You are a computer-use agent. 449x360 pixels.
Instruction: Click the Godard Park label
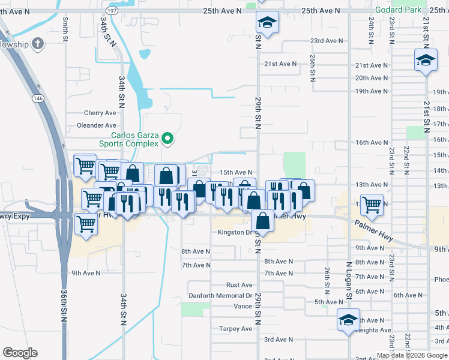pos(399,10)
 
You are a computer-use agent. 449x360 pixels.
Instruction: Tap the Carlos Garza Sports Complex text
pos(129,139)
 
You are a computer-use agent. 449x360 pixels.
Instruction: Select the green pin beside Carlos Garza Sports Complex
pos(168,139)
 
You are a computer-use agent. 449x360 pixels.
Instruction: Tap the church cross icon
pos(38,44)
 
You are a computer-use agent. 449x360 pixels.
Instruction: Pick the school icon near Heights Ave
pos(348,319)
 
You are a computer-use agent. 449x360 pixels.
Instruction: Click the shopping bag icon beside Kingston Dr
pos(263,221)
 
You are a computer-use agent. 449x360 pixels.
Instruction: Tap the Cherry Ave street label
pos(100,113)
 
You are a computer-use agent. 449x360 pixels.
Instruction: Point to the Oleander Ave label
pos(97,125)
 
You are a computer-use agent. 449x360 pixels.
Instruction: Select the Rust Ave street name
pos(239,285)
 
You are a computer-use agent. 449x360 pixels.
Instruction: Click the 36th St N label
pos(64,306)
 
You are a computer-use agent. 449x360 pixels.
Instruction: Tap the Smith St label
pos(65,29)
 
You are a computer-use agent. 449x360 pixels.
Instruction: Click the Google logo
pos(20,353)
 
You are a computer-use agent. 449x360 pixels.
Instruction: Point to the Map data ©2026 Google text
pos(411,355)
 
